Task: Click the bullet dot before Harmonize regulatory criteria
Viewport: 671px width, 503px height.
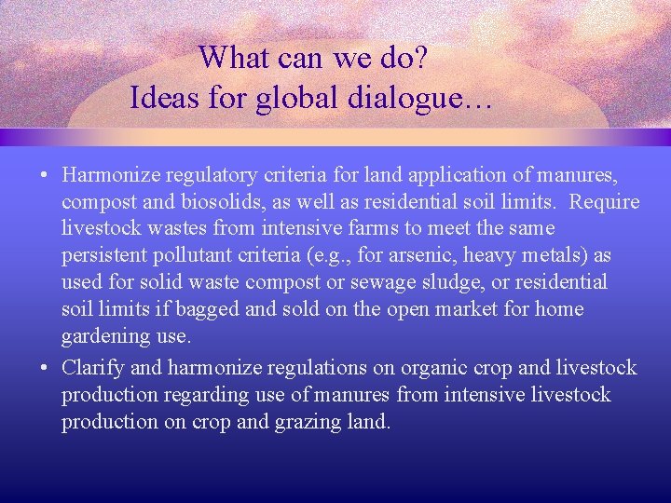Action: point(45,175)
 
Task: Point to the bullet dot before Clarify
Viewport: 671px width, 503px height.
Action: point(45,368)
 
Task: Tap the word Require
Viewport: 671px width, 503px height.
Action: point(605,201)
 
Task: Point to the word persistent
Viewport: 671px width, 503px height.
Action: point(105,255)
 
